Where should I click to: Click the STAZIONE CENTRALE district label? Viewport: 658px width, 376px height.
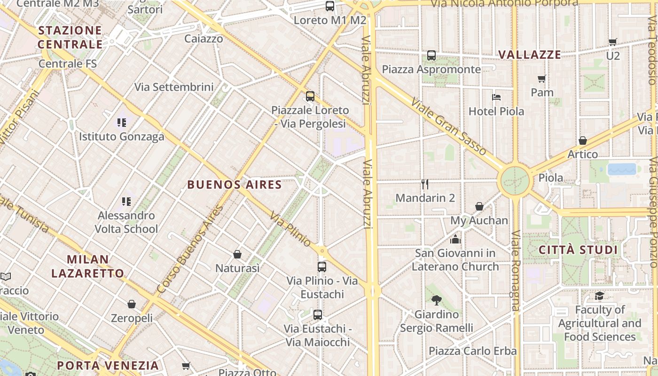[x=70, y=38]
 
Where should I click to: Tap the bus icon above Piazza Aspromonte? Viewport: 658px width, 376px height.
[x=431, y=55]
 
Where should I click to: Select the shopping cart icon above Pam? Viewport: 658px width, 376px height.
[x=542, y=78]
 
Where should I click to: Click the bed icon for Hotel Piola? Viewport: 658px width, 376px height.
[x=496, y=97]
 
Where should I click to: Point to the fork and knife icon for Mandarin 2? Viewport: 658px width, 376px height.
[x=425, y=184]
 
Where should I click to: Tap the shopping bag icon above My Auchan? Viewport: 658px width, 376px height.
[x=479, y=206]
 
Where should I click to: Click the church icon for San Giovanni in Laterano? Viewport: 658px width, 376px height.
[x=455, y=240]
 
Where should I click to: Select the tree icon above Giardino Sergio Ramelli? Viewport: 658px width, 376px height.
[x=437, y=300]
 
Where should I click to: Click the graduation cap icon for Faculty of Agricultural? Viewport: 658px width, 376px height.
[x=599, y=296]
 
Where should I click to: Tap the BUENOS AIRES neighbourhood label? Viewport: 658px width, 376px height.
[x=235, y=185]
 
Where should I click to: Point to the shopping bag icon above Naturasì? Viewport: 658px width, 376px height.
[x=237, y=254]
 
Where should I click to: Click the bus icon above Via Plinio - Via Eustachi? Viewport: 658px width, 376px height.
[x=322, y=267]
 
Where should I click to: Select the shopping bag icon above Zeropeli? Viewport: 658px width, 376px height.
[x=132, y=304]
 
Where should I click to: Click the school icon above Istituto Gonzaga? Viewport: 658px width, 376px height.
[x=122, y=123]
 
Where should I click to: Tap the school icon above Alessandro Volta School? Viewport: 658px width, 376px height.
[x=126, y=202]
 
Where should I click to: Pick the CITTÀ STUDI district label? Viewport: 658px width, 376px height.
[x=578, y=250]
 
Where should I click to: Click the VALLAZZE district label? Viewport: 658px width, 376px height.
[x=530, y=55]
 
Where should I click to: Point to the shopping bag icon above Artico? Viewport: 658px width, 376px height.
[x=583, y=141]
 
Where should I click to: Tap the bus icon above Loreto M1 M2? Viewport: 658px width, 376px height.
[x=330, y=6]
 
